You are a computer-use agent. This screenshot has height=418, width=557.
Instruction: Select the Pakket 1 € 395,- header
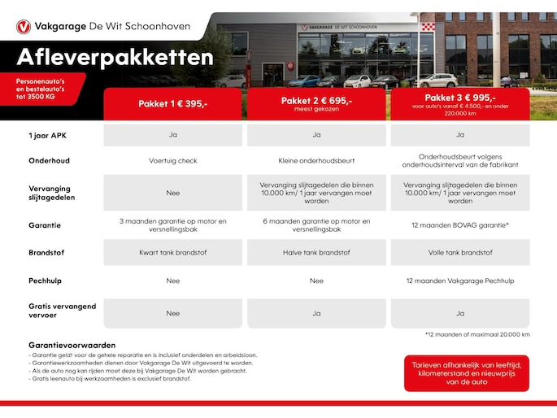(x=172, y=104)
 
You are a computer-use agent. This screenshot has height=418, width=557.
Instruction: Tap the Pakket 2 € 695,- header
(x=316, y=103)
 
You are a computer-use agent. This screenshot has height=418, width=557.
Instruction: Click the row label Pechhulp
(x=46, y=281)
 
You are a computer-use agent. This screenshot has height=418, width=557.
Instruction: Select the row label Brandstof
(x=47, y=252)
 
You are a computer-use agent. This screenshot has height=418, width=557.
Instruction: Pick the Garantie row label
(x=45, y=224)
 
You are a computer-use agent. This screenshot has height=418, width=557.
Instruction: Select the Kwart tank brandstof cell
(x=172, y=252)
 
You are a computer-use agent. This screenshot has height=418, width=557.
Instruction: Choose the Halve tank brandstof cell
(x=316, y=252)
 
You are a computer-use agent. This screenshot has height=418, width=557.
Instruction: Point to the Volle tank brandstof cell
(x=460, y=252)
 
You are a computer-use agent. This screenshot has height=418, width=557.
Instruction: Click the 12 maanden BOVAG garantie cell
(x=460, y=224)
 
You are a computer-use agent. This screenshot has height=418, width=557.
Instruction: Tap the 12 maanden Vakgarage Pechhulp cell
(x=460, y=281)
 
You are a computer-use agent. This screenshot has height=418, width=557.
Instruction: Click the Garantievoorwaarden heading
(x=72, y=345)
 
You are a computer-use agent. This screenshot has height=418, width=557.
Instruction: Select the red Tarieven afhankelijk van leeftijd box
(x=466, y=373)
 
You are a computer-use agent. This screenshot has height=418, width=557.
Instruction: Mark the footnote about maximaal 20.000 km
(x=477, y=334)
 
